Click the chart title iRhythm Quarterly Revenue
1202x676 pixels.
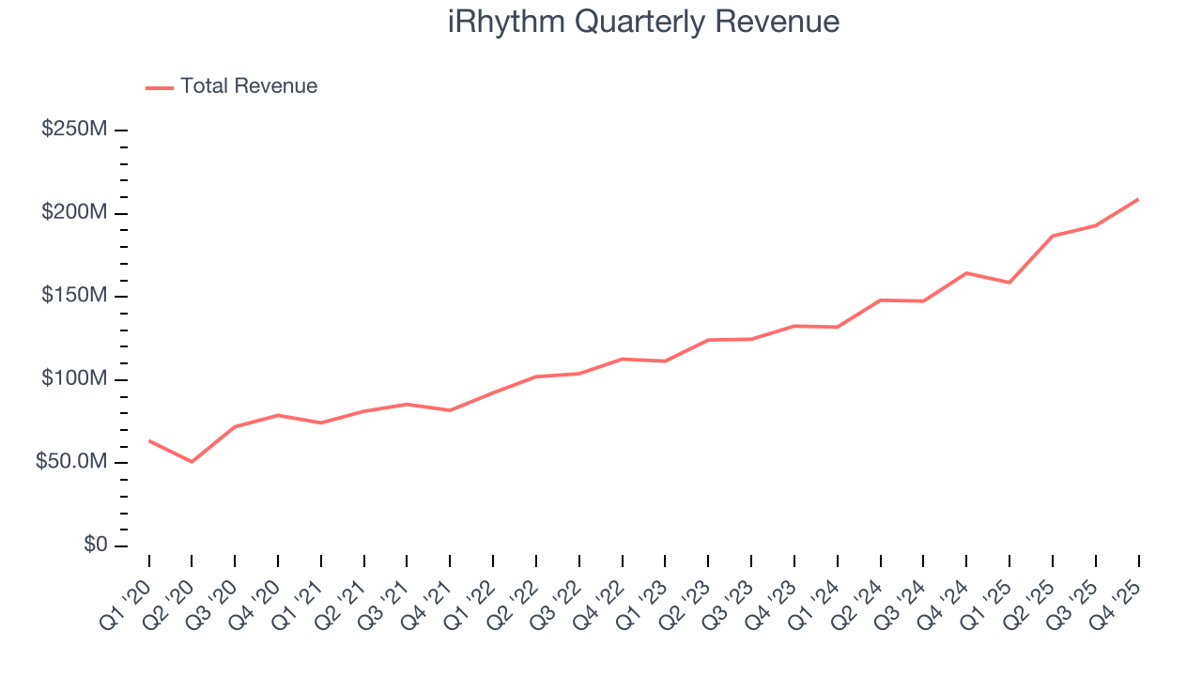643,22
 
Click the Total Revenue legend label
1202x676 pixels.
249,86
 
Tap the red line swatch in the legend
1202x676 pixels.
160,87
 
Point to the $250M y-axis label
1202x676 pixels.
74,130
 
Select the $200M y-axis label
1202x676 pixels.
74,213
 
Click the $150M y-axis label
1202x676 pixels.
74,296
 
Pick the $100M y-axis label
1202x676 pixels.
74,379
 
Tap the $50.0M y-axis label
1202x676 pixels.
70,463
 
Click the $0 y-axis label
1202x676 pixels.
95,545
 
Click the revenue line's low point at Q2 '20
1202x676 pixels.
192,462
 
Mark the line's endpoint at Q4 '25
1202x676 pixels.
1138,199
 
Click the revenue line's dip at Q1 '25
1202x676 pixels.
1009,283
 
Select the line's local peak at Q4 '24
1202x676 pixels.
966,273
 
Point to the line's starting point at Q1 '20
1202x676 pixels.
149,440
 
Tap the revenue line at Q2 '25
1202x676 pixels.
1053,236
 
